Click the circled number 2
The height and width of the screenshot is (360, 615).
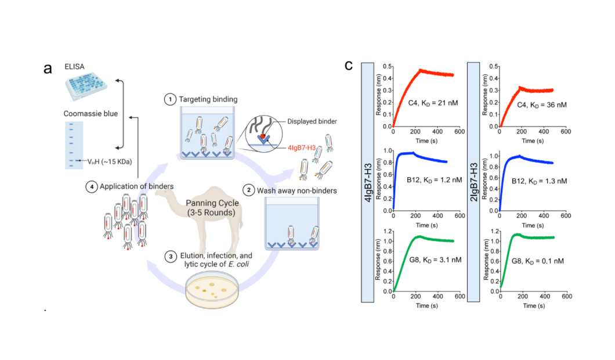[248, 189]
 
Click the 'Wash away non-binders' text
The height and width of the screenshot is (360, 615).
[292, 189]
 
